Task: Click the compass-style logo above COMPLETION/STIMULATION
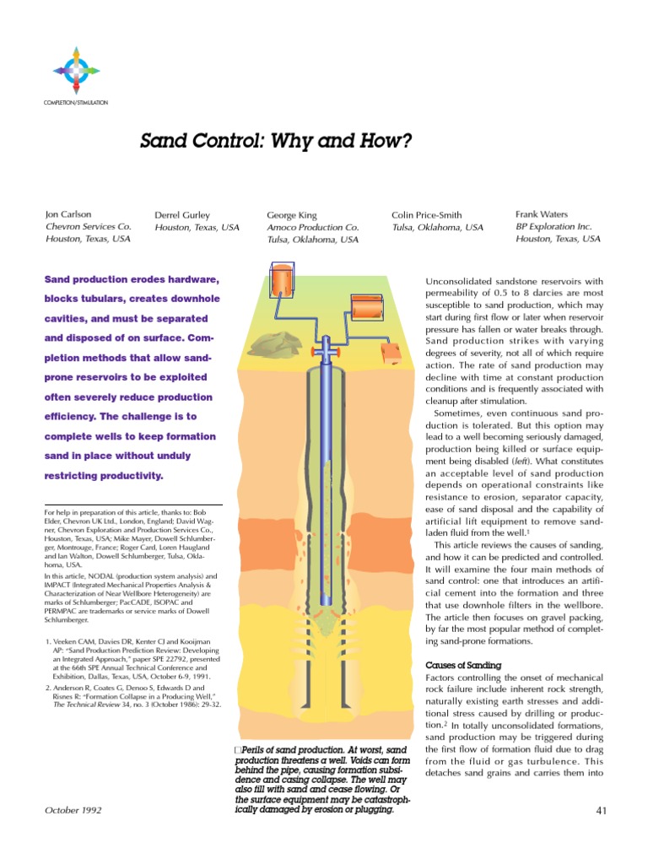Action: click(x=74, y=70)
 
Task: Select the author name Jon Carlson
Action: click(x=69, y=215)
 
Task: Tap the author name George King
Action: click(x=292, y=216)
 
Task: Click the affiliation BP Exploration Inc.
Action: click(x=554, y=226)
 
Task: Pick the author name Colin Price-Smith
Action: click(x=426, y=215)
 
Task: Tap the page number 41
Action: click(x=602, y=811)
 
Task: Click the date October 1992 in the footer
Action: click(x=72, y=811)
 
